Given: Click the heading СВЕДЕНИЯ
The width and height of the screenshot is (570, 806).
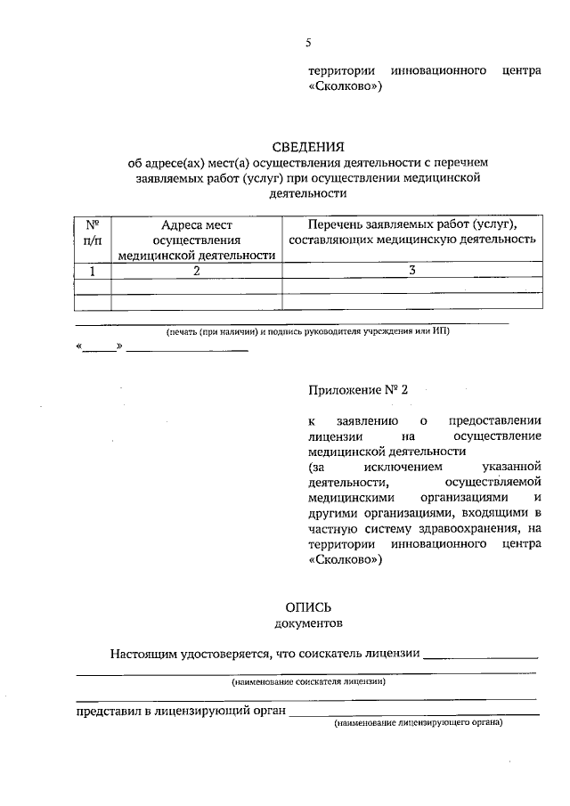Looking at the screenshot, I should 307,146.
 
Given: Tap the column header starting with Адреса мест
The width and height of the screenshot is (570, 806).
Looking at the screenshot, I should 195,240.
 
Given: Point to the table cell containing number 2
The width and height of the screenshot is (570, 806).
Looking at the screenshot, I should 195,271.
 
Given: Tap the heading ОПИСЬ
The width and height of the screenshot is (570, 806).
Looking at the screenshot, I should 307,607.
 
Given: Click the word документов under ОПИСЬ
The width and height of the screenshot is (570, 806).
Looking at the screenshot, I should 307,623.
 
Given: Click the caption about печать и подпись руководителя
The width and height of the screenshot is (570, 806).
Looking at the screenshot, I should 307,330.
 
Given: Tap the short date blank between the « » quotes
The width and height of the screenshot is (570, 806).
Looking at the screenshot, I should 100,346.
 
